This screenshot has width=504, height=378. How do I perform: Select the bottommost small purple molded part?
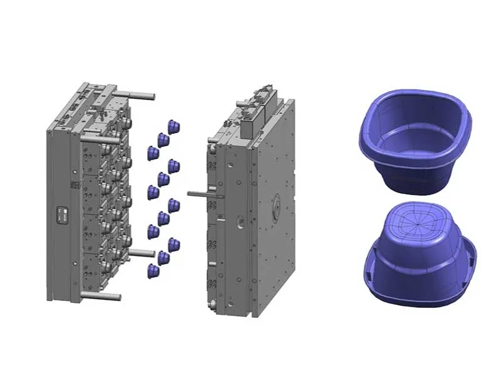[152, 270]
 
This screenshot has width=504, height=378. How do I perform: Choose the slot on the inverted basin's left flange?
[374, 255]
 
